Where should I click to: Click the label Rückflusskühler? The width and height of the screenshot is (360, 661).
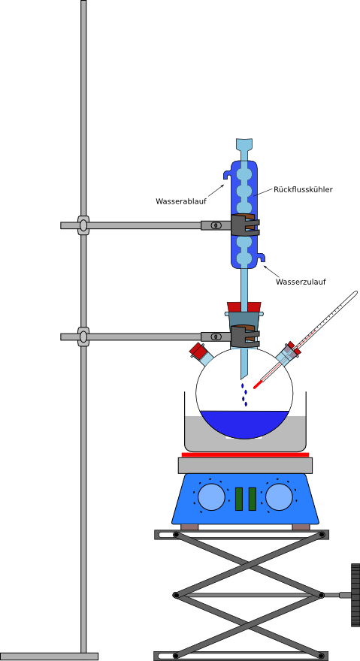303,190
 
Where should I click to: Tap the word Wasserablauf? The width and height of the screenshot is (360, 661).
181,201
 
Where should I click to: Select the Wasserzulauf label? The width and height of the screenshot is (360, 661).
301,282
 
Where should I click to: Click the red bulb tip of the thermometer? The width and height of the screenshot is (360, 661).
256,385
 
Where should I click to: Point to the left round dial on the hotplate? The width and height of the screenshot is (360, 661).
211,497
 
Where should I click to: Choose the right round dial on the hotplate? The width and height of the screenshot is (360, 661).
280,497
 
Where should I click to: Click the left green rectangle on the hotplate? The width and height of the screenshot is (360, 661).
239,499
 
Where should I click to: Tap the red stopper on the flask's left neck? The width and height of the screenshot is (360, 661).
196,350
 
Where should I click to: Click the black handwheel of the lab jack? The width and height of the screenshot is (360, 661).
355,595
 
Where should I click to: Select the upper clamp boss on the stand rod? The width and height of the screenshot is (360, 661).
83,225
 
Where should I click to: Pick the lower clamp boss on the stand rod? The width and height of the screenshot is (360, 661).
83,337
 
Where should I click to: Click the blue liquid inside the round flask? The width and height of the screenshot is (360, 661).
245,424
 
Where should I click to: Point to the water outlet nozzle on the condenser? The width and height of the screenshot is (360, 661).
228,174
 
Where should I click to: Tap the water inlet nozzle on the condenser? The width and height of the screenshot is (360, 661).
262,257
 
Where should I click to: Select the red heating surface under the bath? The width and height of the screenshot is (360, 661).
245,454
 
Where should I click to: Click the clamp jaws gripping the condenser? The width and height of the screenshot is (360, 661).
245,225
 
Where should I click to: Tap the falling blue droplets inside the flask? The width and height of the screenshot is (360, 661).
244,395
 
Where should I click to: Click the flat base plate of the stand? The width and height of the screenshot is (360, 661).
49,656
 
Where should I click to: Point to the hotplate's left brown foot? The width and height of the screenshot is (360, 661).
189,527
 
